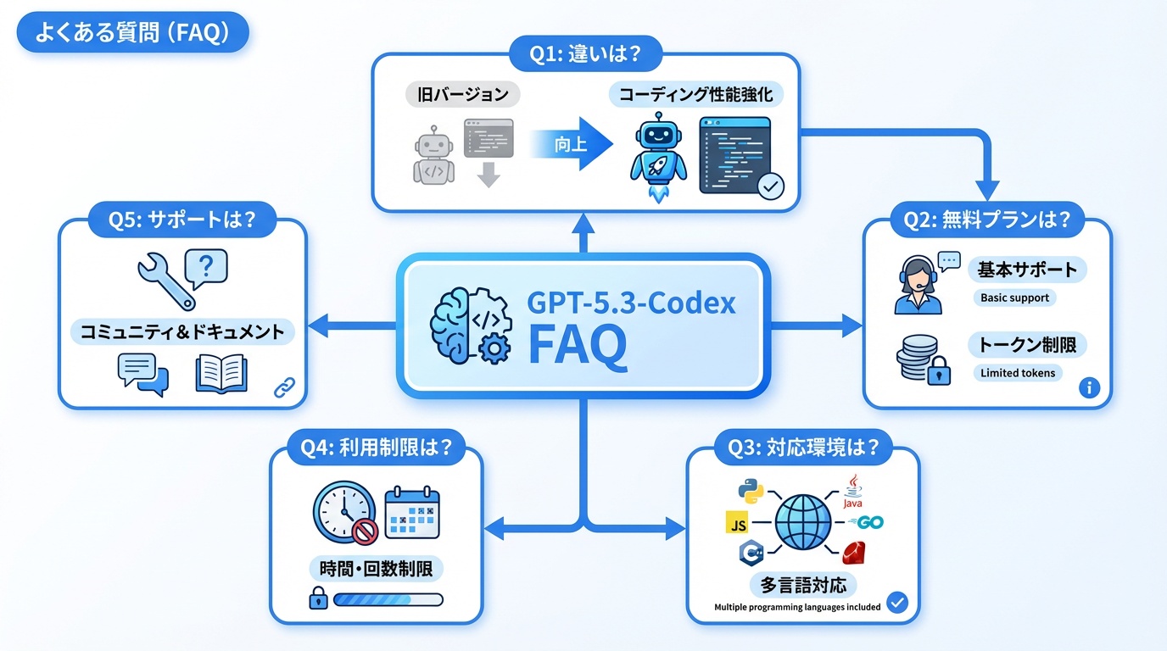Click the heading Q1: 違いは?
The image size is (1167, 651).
point(584,56)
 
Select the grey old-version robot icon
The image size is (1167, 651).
point(433,155)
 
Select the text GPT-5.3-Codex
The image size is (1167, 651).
point(631,303)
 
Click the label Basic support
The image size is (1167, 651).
point(1014,298)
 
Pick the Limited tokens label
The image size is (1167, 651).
point(1018,373)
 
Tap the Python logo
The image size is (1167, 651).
point(749,491)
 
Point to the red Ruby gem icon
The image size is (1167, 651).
point(853,554)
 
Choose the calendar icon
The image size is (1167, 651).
point(412,512)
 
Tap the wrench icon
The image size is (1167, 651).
point(165,281)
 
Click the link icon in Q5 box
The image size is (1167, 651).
point(283,389)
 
